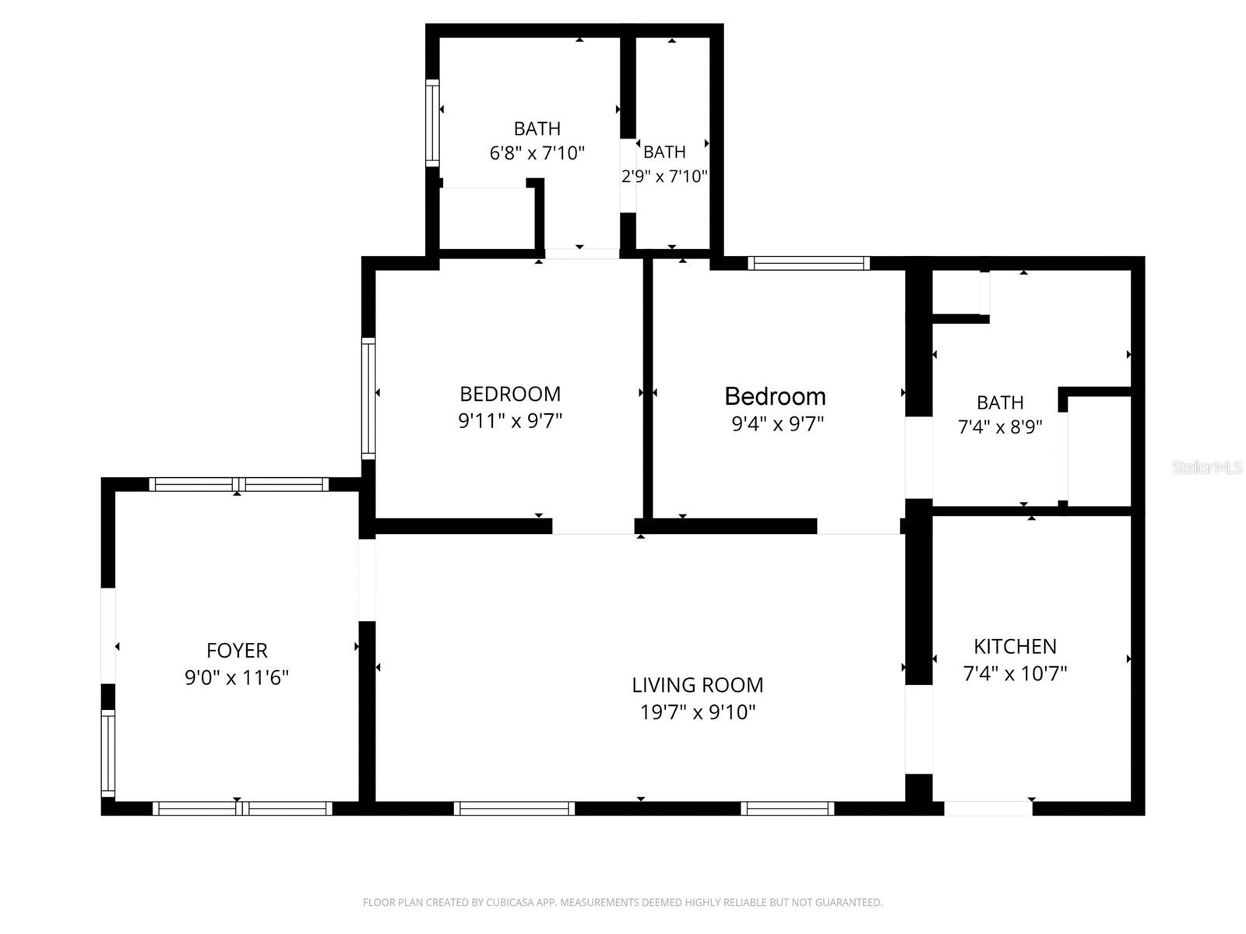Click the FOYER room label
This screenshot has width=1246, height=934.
pyautogui.click(x=237, y=651)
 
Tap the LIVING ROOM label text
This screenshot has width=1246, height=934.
pyautogui.click(x=697, y=685)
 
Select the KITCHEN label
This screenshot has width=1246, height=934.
pyautogui.click(x=1015, y=646)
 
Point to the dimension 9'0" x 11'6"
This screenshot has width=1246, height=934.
pyautogui.click(x=237, y=678)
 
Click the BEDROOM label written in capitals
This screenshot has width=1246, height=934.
pyautogui.click(x=510, y=394)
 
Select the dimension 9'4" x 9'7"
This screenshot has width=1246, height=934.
pyautogui.click(x=777, y=424)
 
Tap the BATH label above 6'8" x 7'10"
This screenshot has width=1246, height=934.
pyautogui.click(x=537, y=128)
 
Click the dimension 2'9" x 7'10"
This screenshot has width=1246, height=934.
pyautogui.click(x=664, y=177)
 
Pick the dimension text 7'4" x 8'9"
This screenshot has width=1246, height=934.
pyautogui.click(x=1000, y=427)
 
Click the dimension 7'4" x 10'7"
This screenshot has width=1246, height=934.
pyautogui.click(x=1015, y=673)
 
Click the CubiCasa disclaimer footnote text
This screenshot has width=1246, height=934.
pyautogui.click(x=622, y=903)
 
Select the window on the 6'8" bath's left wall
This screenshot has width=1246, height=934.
pyautogui.click(x=432, y=122)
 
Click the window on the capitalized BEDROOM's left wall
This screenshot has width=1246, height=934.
pyautogui.click(x=368, y=398)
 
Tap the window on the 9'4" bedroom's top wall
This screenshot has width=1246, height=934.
pyautogui.click(x=808, y=263)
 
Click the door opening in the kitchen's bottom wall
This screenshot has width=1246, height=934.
pyautogui.click(x=987, y=808)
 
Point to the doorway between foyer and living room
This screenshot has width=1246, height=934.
pyautogui.click(x=367, y=579)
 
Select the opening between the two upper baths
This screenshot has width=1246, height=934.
pyautogui.click(x=628, y=175)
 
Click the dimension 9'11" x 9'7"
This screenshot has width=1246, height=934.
pyautogui.click(x=510, y=421)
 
